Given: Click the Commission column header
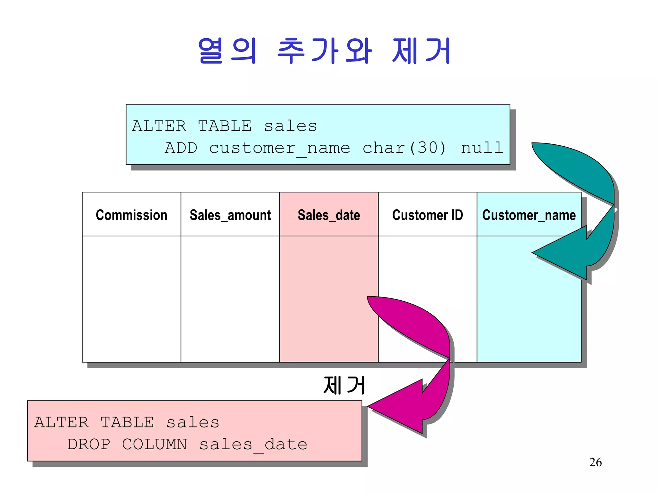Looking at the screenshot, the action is [131, 215].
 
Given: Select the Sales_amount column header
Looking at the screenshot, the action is [230, 215].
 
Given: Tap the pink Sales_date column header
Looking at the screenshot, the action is [329, 215].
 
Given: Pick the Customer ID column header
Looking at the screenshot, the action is [427, 215].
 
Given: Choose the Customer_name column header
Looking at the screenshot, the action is [529, 215].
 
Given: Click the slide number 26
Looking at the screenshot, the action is [595, 462].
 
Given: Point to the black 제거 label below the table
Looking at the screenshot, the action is [344, 385].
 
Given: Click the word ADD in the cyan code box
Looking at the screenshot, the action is [181, 148].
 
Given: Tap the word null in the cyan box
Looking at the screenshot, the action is [482, 148].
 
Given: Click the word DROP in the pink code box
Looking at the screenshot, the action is [89, 444].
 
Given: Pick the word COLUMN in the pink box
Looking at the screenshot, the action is [154, 444].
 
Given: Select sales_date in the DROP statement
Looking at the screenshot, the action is [253, 445].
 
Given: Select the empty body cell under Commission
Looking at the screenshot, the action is [131, 299].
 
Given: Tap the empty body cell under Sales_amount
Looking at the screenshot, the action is [230, 299].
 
